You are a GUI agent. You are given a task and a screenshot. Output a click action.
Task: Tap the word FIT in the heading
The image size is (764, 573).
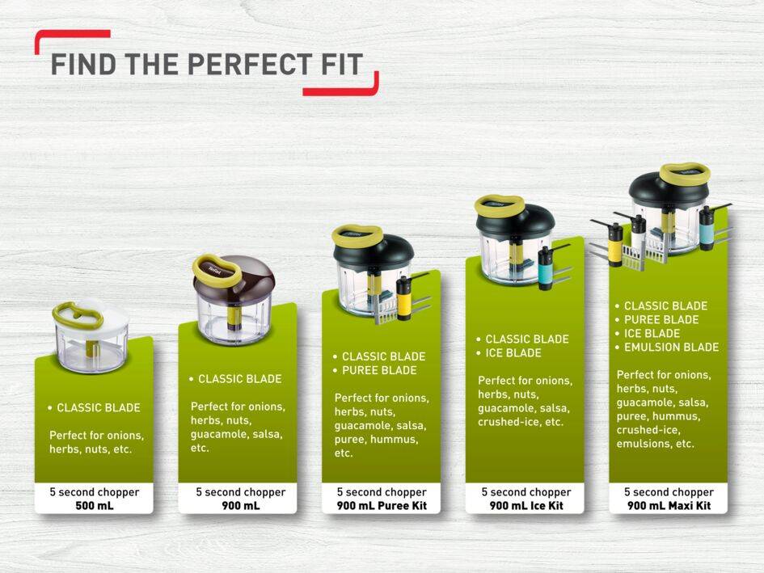pyautogui.click(x=342, y=65)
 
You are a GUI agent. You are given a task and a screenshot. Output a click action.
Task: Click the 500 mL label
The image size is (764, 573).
pyautogui.click(x=95, y=506)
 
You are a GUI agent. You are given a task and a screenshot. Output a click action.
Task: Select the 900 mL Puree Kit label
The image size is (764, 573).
pyautogui.click(x=382, y=506)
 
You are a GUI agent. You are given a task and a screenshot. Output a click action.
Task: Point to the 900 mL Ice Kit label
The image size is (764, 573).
pyautogui.click(x=526, y=506)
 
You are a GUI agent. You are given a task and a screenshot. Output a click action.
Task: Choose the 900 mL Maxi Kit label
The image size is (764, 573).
pyautogui.click(x=669, y=506)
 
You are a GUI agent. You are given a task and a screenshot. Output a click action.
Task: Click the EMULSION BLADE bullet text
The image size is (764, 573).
pyautogui.click(x=671, y=348)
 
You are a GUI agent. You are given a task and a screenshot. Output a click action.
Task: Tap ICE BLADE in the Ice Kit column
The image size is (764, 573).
pyautogui.click(x=513, y=353)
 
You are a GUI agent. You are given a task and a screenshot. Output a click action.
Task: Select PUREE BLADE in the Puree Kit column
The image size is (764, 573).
pyautogui.click(x=379, y=370)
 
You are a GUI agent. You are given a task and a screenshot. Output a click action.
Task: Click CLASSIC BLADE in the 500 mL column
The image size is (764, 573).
pyautogui.click(x=99, y=408)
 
